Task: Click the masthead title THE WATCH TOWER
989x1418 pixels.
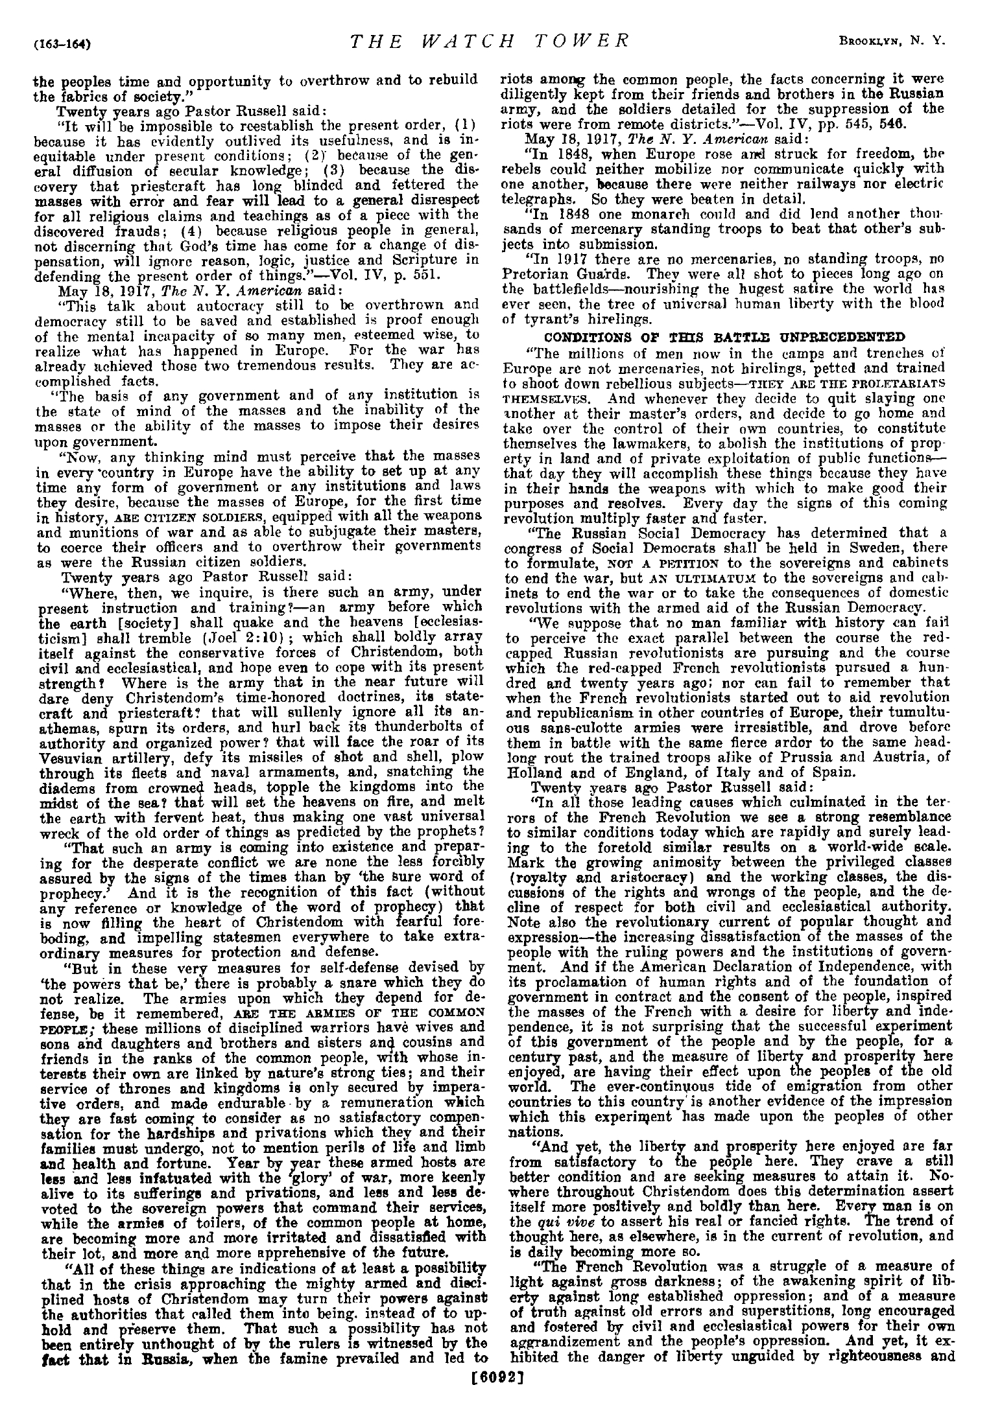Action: pyautogui.click(x=490, y=41)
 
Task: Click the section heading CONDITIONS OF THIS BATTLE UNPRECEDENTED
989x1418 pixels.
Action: pyautogui.click(x=724, y=337)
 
